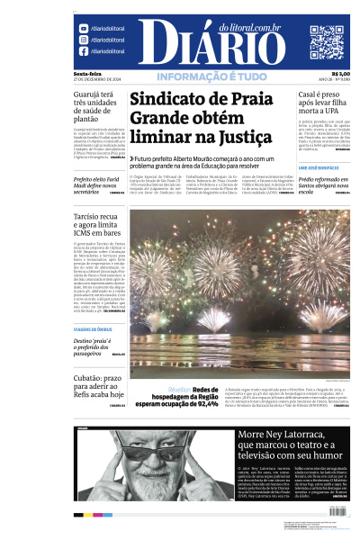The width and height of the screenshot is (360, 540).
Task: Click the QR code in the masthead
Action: (326, 41)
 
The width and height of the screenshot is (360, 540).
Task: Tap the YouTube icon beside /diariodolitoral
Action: (84, 29)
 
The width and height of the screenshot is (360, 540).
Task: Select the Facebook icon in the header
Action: (84, 51)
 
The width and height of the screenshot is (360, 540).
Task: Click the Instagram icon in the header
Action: (84, 40)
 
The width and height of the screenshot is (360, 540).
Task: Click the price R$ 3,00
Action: (340, 74)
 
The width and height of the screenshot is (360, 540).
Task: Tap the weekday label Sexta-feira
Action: (87, 74)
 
